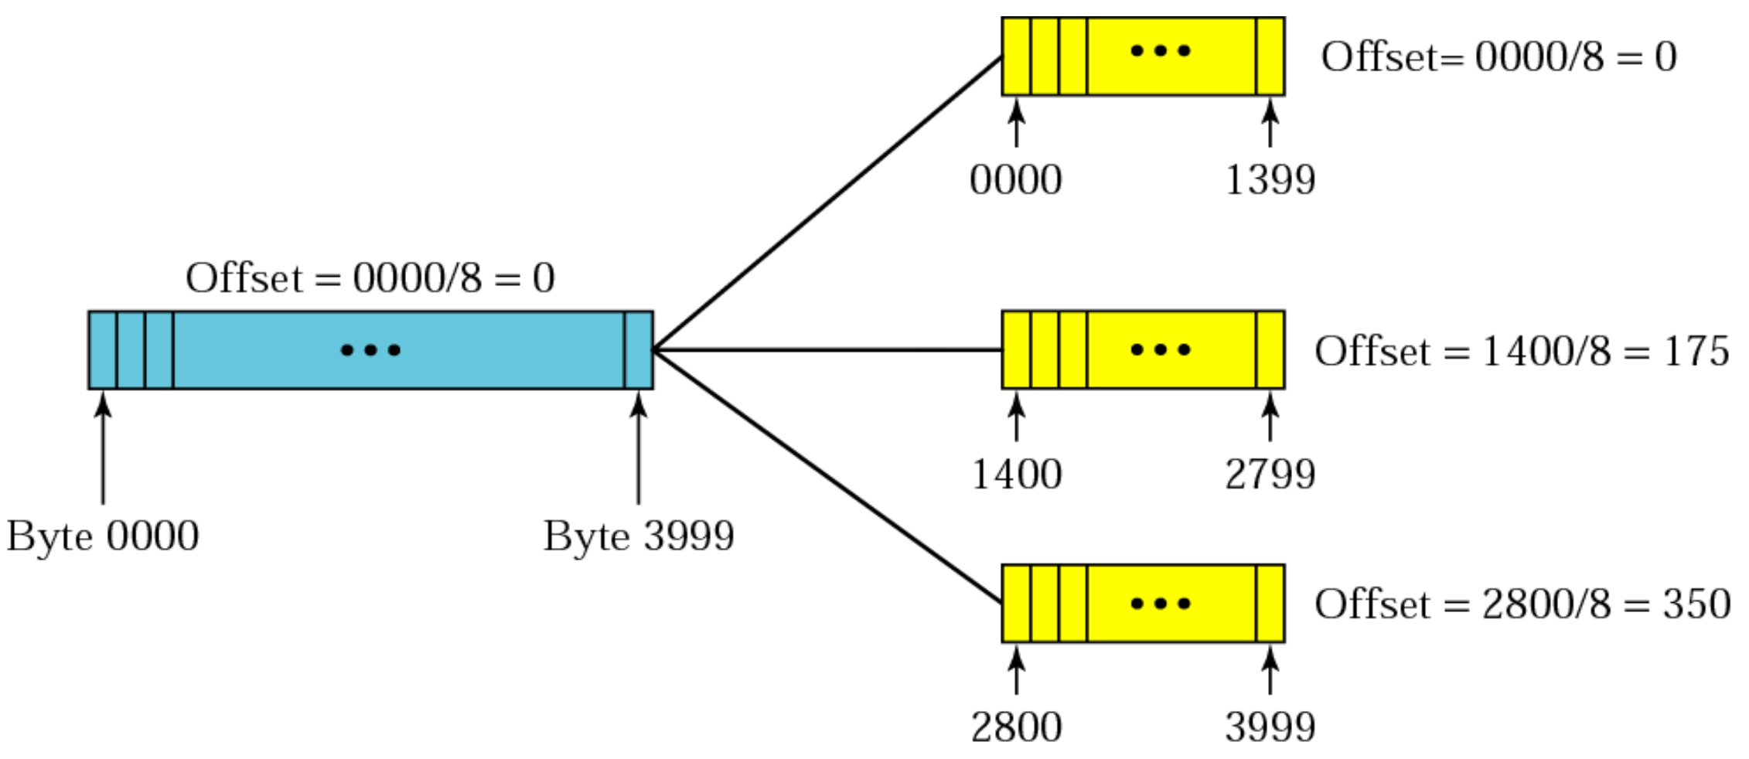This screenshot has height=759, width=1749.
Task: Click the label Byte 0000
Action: pos(103,536)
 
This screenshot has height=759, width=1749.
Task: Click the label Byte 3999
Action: pos(639,536)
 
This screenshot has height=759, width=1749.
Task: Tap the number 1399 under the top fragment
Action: pos(1270,180)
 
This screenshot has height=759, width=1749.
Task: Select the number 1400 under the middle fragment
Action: pos(1016,474)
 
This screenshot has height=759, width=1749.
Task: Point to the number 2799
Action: pos(1270,474)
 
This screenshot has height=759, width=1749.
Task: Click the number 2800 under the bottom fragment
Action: pos(1016,727)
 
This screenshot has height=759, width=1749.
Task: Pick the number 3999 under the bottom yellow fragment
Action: pos(1270,727)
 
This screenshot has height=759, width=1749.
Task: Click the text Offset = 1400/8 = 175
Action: pos(1521,351)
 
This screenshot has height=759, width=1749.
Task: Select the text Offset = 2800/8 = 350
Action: pos(1522,604)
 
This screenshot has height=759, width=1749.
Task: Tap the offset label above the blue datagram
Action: pos(370,277)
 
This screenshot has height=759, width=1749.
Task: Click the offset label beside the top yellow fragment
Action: pos(1498,56)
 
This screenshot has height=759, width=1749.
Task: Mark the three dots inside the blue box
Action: pos(370,350)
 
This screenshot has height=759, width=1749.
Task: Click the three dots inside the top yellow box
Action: pos(1160,51)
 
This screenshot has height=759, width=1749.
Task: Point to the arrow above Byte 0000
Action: pos(103,448)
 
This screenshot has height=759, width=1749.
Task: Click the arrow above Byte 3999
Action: pos(639,448)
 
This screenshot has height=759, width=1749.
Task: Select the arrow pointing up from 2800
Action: pos(1016,670)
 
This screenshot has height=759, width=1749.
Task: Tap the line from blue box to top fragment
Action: pos(827,203)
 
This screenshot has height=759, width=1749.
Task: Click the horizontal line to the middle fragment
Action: pos(827,350)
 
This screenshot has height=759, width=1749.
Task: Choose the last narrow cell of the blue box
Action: pos(639,350)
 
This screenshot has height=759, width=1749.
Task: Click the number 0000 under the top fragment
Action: pos(1015,180)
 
